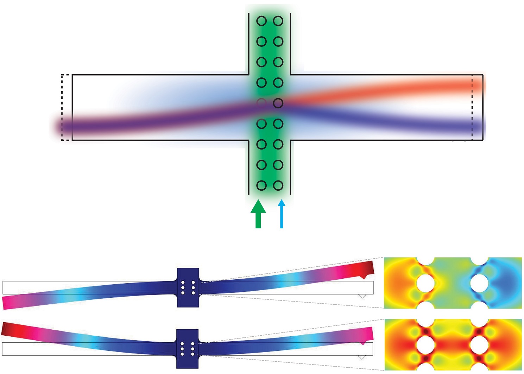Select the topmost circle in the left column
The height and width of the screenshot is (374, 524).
coord(261,21)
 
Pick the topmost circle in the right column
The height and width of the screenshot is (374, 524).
coord(278,21)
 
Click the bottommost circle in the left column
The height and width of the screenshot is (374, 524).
coord(261,185)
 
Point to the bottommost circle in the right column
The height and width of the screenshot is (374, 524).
coord(278,185)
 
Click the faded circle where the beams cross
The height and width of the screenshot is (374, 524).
coord(261,103)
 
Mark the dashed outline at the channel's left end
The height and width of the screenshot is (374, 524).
coord(65,107)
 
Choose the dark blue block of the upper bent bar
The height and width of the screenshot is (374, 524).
coord(188,287)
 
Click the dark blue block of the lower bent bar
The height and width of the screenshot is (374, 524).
coord(187,348)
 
